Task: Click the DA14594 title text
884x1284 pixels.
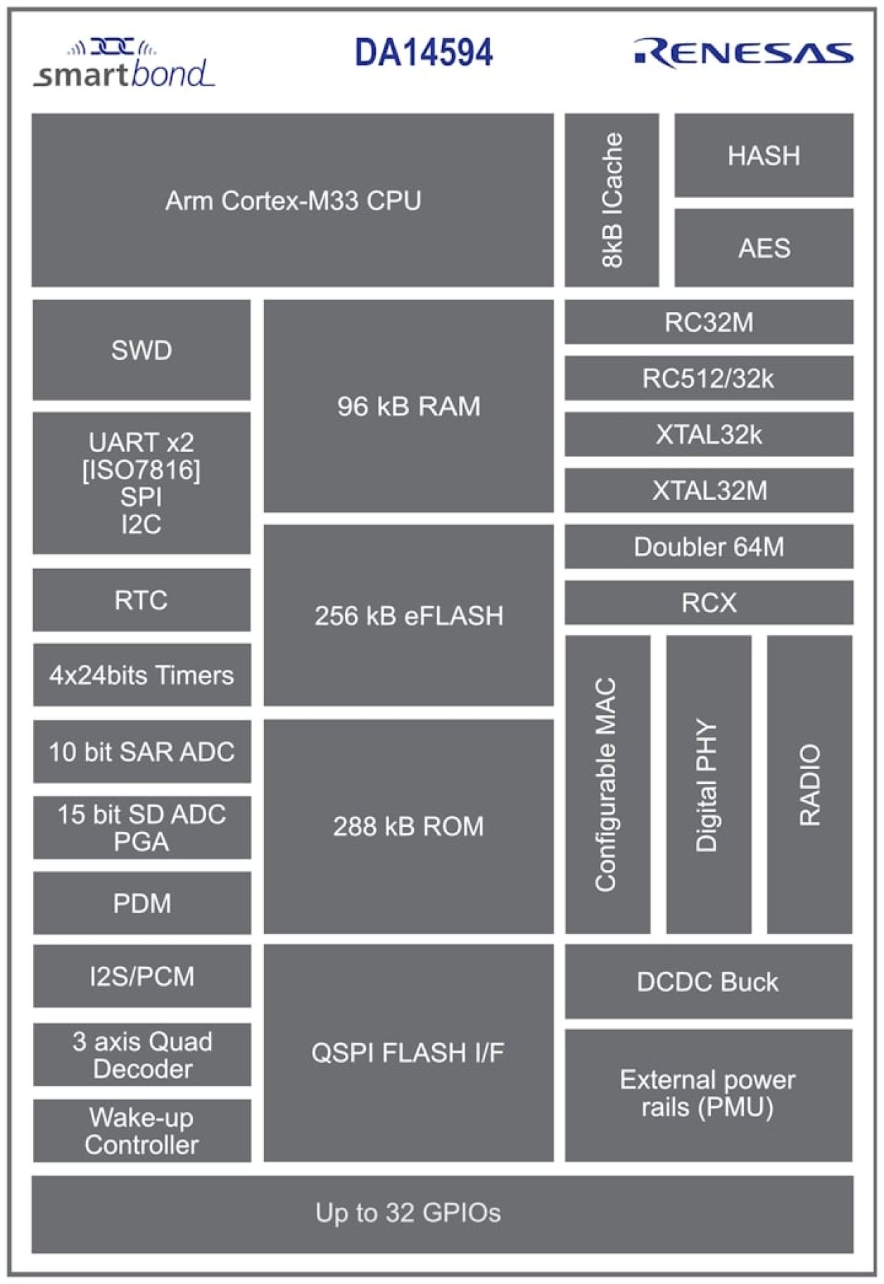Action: [424, 53]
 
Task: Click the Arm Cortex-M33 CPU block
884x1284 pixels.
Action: [292, 200]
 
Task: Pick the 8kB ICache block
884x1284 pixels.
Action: [612, 200]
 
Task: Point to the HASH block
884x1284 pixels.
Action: [764, 155]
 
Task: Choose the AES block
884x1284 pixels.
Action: [764, 248]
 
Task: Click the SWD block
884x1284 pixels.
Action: [141, 350]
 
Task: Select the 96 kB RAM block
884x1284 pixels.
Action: [408, 406]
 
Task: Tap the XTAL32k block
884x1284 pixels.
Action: [709, 435]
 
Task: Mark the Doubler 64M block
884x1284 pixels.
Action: [709, 547]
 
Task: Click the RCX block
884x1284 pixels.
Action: [709, 602]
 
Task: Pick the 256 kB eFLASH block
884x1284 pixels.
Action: [408, 615]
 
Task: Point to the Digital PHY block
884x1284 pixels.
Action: [708, 785]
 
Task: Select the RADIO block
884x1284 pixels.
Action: [809, 785]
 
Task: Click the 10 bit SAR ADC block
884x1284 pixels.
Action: [141, 752]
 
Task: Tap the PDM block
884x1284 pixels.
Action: [141, 903]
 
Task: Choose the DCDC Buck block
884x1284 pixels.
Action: [708, 981]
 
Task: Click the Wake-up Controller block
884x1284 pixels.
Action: [141, 1130]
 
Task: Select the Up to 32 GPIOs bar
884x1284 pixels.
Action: [442, 1213]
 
